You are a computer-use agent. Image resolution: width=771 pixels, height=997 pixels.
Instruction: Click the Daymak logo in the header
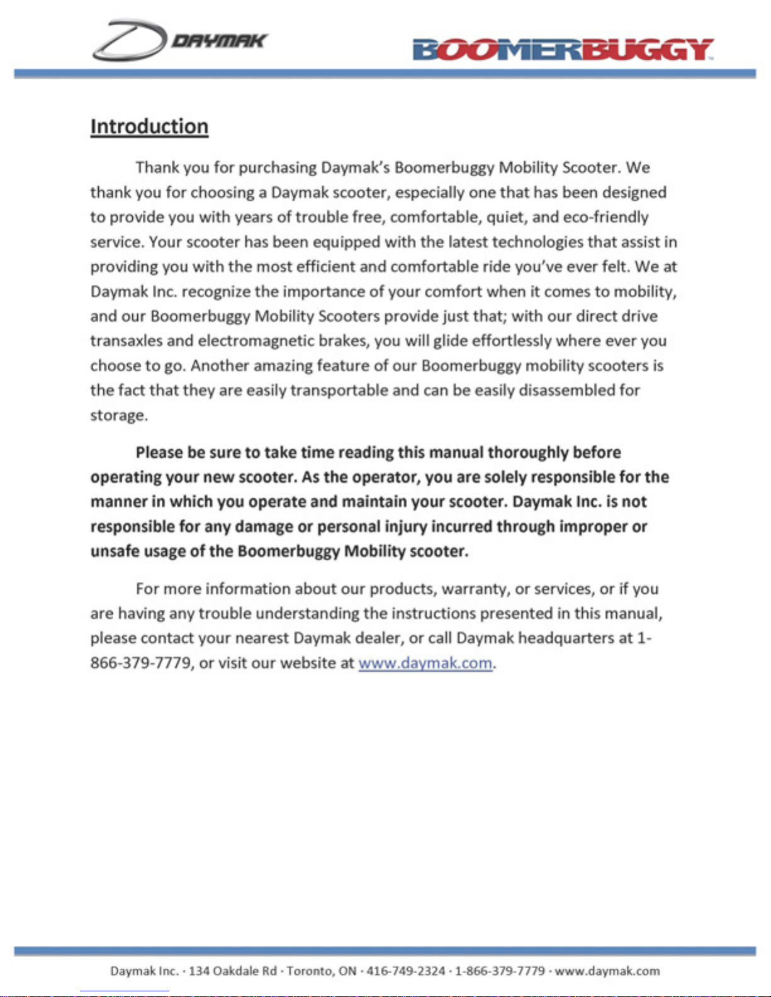tap(179, 40)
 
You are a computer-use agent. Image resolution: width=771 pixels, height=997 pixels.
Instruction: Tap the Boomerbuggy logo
tap(563, 49)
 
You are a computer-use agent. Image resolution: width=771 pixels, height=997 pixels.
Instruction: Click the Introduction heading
tap(149, 126)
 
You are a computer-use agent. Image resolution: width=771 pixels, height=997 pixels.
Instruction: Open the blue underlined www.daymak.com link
tap(425, 663)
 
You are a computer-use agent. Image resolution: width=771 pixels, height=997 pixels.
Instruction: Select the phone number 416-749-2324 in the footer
tap(405, 971)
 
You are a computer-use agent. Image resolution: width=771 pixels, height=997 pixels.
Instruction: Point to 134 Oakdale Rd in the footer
tap(233, 971)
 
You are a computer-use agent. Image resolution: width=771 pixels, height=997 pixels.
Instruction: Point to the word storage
tap(118, 416)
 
